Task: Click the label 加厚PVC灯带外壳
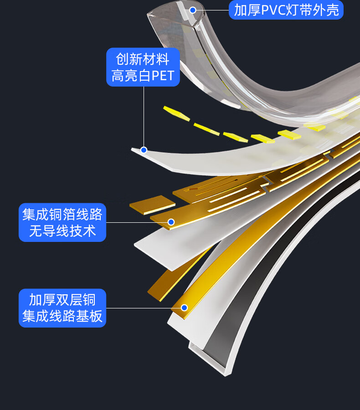286,10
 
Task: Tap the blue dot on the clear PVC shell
193,10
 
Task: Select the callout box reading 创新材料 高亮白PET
143,67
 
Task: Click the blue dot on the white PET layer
144,150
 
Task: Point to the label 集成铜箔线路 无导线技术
62,222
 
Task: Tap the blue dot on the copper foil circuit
171,222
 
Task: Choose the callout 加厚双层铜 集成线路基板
62,307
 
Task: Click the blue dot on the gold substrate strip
184,307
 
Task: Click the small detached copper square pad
152,205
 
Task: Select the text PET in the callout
163,76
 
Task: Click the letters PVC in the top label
273,10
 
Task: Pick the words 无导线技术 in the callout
62,231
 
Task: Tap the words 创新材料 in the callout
143,59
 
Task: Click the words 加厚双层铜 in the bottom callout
62,299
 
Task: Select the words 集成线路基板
62,316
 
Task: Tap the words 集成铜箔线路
62,214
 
